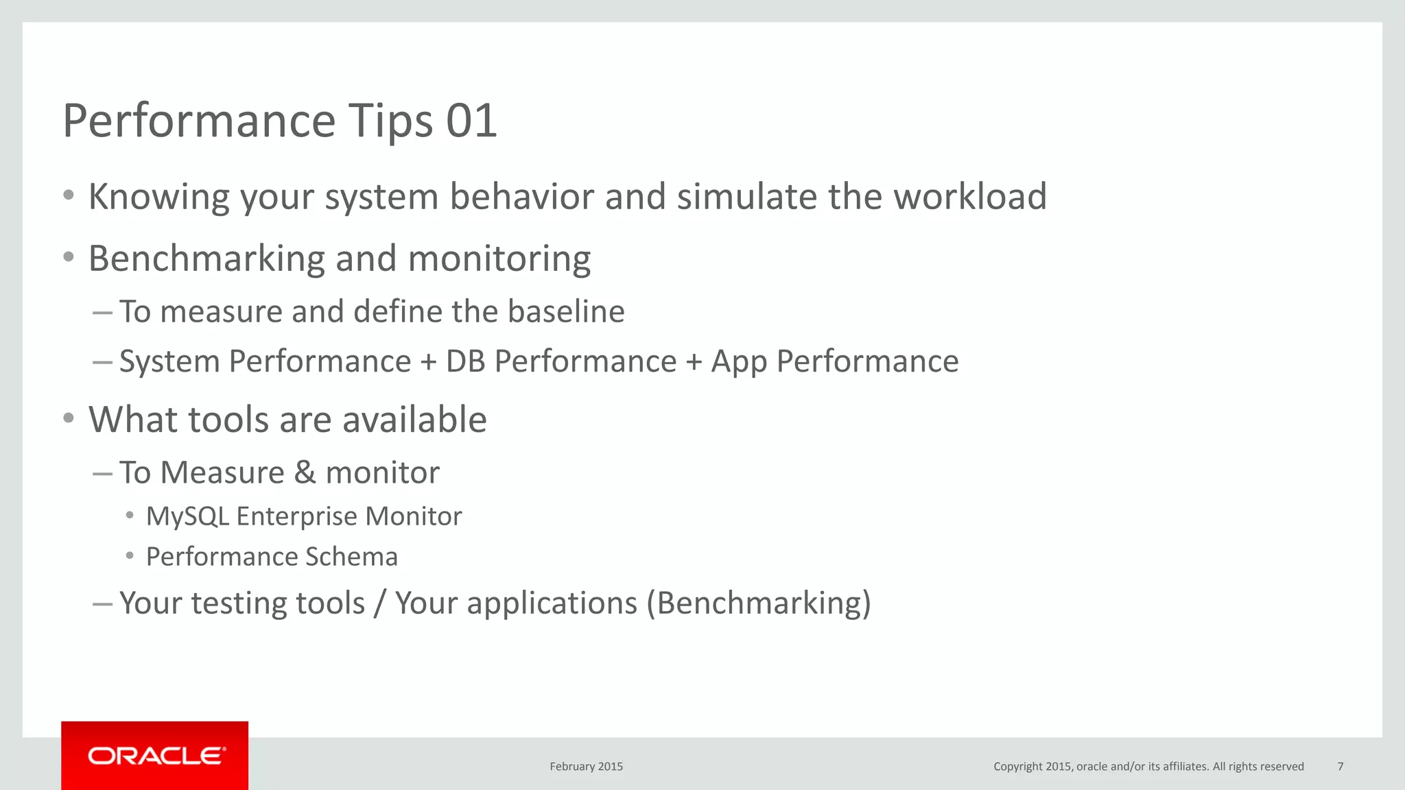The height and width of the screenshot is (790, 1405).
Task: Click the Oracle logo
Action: pyautogui.click(x=156, y=756)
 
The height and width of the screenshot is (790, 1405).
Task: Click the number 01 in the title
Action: pyautogui.click(x=471, y=121)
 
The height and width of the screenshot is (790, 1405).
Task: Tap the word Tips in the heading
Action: pyautogui.click(x=390, y=121)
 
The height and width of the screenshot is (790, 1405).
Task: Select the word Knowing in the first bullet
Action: pyautogui.click(x=159, y=197)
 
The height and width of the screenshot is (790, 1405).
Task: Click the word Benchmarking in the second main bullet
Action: pyautogui.click(x=206, y=259)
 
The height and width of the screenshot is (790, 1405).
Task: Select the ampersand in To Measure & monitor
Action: pyautogui.click(x=305, y=472)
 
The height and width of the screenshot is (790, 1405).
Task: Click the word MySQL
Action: pyautogui.click(x=187, y=516)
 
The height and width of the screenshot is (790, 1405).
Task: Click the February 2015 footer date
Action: pyautogui.click(x=586, y=767)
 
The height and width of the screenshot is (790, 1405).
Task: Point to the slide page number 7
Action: pyautogui.click(x=1341, y=767)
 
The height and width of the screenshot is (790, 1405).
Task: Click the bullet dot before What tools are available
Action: pyautogui.click(x=68, y=418)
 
